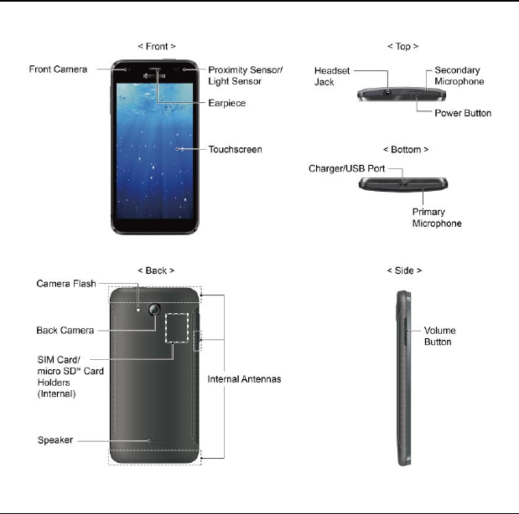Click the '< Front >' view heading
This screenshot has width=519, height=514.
(157, 47)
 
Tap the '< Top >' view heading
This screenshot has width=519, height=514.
(403, 47)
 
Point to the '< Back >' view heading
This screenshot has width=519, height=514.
(156, 271)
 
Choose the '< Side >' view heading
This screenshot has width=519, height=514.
(404, 271)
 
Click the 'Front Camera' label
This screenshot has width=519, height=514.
(58, 69)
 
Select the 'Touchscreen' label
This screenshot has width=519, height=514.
(235, 150)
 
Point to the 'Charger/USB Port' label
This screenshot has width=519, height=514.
(347, 168)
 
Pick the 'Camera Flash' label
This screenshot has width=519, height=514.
(65, 285)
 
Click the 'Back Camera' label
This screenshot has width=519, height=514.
(65, 330)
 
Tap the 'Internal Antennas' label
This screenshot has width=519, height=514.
(243, 379)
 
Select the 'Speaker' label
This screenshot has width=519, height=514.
(55, 439)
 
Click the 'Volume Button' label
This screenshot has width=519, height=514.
(438, 337)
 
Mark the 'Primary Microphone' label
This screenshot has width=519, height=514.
(437, 218)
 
